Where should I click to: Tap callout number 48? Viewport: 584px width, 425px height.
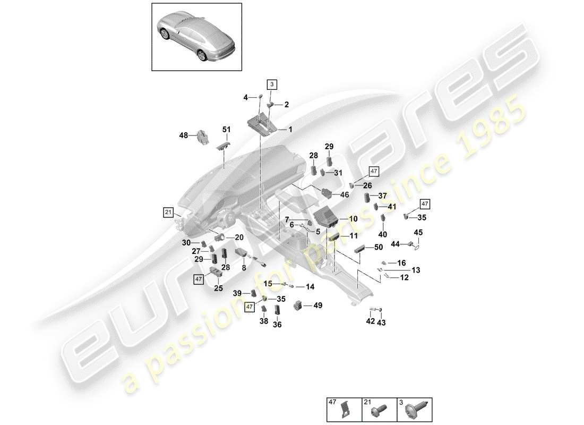(x=184, y=137)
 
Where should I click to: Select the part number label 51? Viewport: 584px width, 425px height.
(x=227, y=130)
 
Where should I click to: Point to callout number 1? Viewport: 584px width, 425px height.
(x=290, y=129)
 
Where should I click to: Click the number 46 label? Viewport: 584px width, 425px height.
(x=345, y=195)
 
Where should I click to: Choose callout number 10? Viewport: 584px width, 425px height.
(x=353, y=219)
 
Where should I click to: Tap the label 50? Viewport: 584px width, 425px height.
(x=378, y=248)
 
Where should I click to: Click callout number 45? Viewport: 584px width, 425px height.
(x=418, y=232)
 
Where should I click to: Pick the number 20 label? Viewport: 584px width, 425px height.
(x=239, y=237)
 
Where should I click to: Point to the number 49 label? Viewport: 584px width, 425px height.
(x=317, y=305)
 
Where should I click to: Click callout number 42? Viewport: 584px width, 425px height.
(x=371, y=321)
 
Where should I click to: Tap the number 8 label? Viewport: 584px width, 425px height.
(x=244, y=268)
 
